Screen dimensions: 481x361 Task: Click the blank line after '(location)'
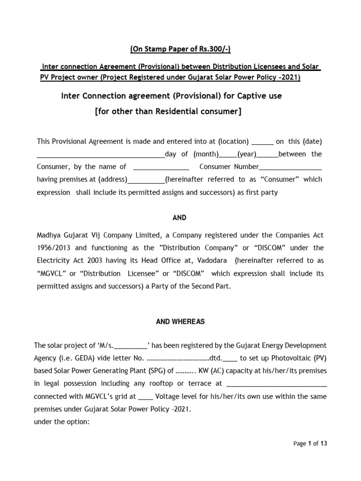(x=262, y=141)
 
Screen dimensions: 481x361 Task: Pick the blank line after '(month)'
(x=228, y=154)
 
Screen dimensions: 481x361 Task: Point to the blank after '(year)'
(x=268, y=154)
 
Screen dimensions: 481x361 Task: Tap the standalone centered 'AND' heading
(x=180, y=217)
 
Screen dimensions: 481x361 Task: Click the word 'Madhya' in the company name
(x=50, y=235)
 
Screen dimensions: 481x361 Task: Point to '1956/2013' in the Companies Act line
(x=53, y=248)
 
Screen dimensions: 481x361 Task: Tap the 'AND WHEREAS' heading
(x=180, y=322)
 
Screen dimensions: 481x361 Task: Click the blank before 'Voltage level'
(x=146, y=396)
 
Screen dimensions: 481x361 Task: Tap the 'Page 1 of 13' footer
(x=310, y=443)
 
